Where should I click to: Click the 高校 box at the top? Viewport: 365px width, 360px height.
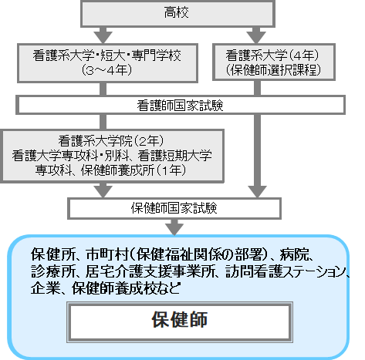pyautogui.click(x=177, y=13)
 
